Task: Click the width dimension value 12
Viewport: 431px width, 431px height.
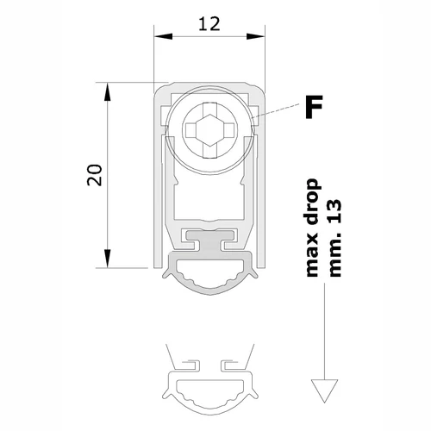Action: pyautogui.click(x=209, y=24)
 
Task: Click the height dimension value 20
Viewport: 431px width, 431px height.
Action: pyautogui.click(x=95, y=175)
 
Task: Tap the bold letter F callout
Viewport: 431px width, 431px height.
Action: pyautogui.click(x=314, y=107)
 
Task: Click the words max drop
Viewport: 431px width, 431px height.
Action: pyautogui.click(x=312, y=228)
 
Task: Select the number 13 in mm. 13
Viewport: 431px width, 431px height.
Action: pyautogui.click(x=334, y=211)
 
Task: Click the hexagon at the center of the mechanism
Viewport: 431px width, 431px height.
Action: pyautogui.click(x=210, y=130)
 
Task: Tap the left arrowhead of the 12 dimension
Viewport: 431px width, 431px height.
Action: pyautogui.click(x=163, y=36)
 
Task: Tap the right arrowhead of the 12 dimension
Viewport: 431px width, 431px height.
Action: pyautogui.click(x=255, y=36)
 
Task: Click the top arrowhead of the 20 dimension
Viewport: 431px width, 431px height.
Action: pyautogui.click(x=108, y=91)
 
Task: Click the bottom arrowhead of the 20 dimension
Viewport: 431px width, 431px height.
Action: pyautogui.click(x=108, y=259)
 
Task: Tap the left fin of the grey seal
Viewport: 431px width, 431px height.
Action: pyautogui.click(x=167, y=274)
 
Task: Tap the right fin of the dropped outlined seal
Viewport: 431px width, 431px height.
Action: pyautogui.click(x=253, y=394)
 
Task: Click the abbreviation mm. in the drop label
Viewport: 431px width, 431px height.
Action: pyautogui.click(x=334, y=253)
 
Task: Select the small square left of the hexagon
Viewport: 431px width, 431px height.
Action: pyautogui.click(x=191, y=130)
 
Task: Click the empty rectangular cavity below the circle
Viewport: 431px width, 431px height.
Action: pyautogui.click(x=210, y=198)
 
